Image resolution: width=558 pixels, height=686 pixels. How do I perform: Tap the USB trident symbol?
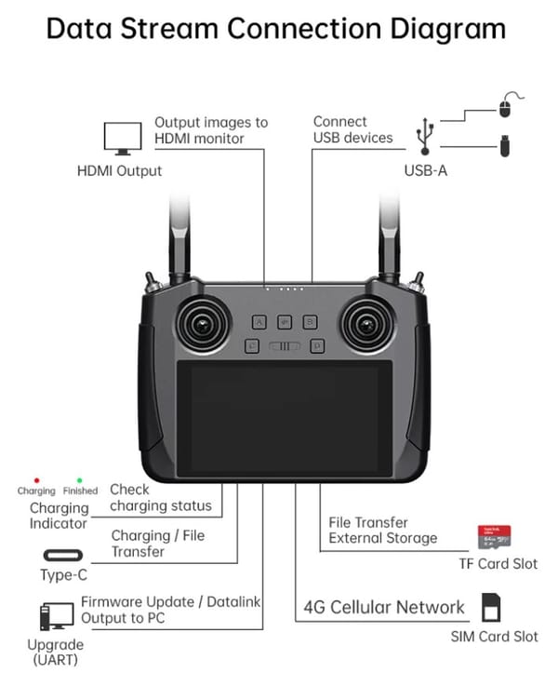pos(424,135)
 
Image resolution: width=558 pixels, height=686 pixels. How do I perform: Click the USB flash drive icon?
pos(504,147)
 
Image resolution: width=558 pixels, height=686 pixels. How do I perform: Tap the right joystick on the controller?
pos(365,325)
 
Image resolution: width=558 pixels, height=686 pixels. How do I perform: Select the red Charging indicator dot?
pos(36,480)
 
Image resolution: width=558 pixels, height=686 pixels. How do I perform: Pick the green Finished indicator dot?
pos(80,480)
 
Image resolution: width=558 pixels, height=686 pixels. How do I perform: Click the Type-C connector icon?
pos(63,557)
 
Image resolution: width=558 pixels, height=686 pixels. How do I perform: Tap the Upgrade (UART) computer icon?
pos(57,615)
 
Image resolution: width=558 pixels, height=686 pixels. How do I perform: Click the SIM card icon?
pos(491,608)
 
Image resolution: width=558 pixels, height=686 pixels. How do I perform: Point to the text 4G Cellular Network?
pos(384,608)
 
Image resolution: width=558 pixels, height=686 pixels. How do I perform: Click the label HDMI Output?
pos(120,171)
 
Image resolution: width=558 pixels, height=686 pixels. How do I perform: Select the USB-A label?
pos(425,171)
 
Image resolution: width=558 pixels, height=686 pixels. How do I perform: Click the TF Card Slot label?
pos(498,563)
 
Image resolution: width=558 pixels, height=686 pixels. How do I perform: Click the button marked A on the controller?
pos(259,322)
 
